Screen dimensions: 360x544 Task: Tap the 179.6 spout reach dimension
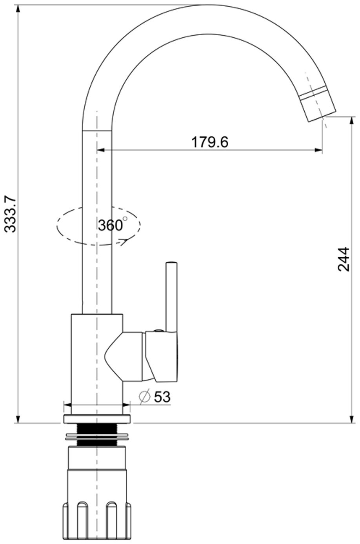point(210,142)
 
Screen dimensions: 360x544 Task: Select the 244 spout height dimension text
point(344,259)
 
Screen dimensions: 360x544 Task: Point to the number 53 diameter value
point(162,397)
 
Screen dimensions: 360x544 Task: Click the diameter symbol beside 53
point(145,397)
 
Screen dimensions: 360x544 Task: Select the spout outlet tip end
point(322,117)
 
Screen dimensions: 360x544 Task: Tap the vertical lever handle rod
point(171,297)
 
